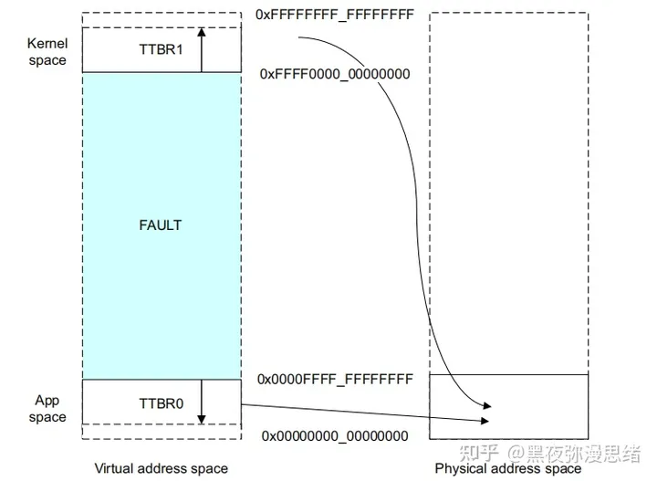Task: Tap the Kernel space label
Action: (47, 52)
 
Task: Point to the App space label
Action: (47, 409)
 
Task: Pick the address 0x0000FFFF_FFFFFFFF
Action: (335, 378)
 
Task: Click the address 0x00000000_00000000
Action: (335, 437)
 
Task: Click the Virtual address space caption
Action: (161, 468)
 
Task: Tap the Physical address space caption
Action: (507, 468)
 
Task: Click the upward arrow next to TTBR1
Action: (202, 50)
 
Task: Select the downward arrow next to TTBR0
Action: (202, 403)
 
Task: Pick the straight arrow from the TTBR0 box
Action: (365, 413)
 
